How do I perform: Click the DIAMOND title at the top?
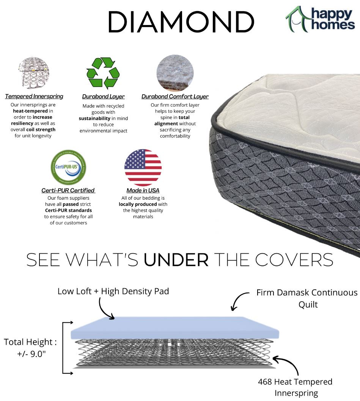pos(181,22)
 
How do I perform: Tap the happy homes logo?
pos(320,19)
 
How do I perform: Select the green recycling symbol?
pos(103,73)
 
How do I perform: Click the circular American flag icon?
pos(143,168)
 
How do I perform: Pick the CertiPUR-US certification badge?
pos(69,167)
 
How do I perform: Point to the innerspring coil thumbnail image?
pos(33,73)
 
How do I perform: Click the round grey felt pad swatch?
pos(175,73)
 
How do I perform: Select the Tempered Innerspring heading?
pos(34,96)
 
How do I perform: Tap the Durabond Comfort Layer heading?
pos(175,97)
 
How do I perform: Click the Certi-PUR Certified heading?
pos(68,191)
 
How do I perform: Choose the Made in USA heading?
pos(143,191)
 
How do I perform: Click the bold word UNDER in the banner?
pos(176,260)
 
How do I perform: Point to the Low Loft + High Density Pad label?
pos(113,291)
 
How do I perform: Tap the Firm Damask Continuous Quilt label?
pos(307,298)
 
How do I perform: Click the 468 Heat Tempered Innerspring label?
pos(296,387)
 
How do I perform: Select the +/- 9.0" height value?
pos(31,354)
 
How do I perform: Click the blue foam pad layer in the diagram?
pos(175,328)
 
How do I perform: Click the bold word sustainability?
pos(94,118)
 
